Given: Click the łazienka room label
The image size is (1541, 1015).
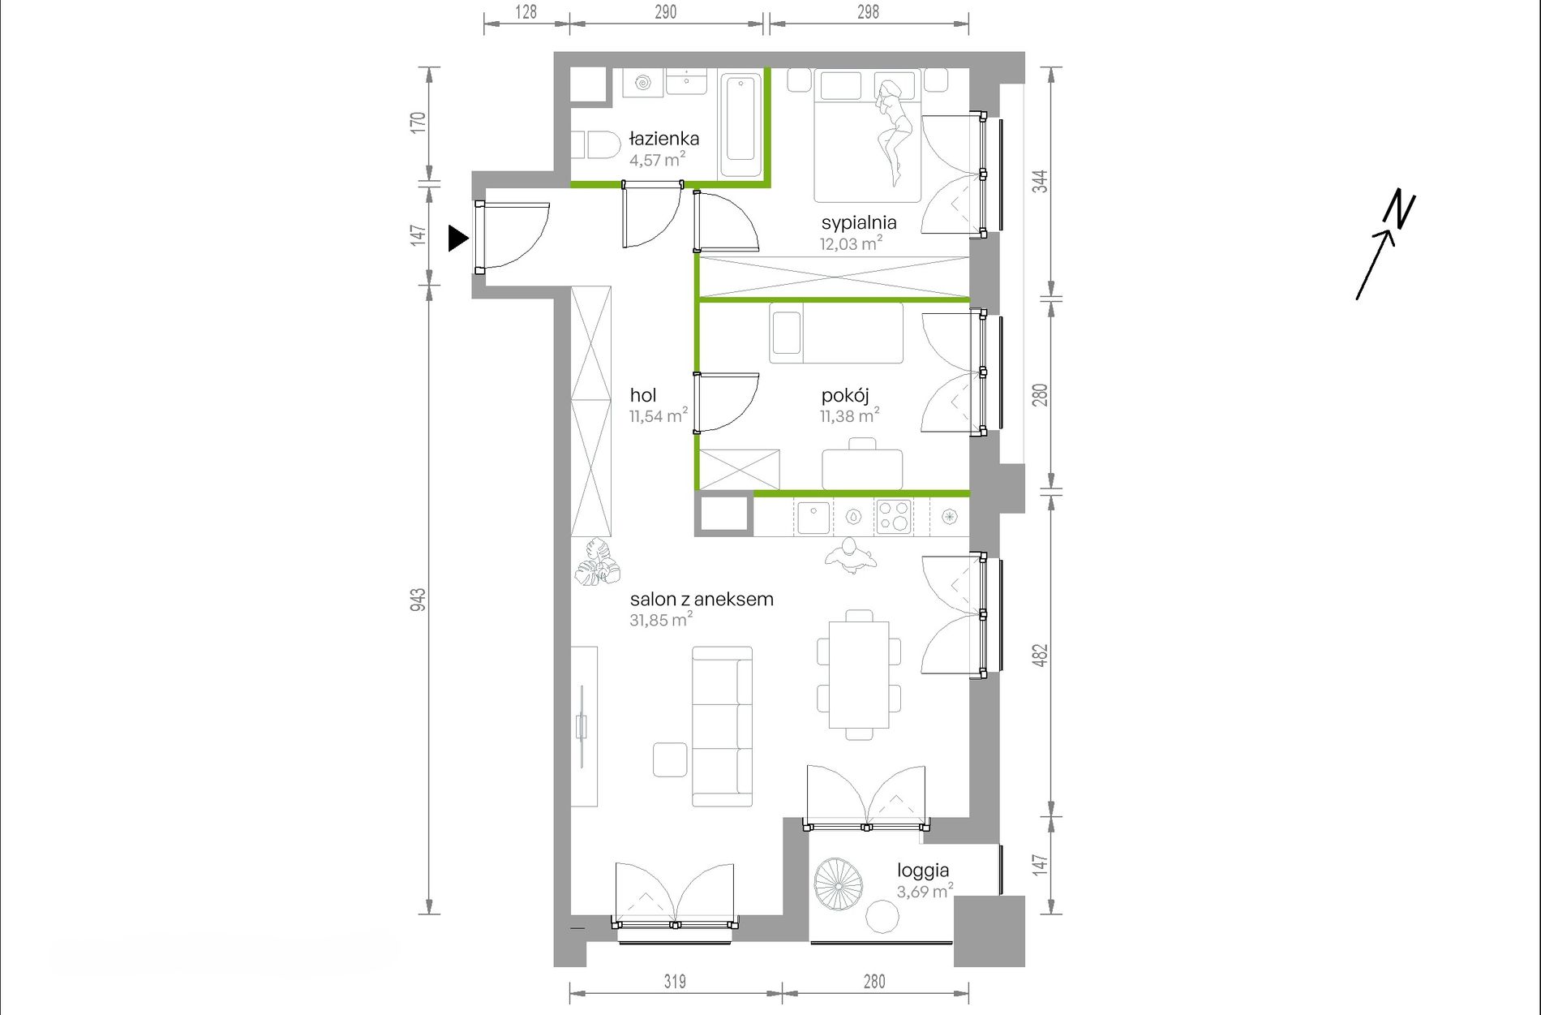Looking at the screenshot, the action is point(664,139).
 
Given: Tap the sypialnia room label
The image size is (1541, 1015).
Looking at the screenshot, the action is point(859,223).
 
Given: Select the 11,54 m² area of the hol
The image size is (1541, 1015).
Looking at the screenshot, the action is point(659,415).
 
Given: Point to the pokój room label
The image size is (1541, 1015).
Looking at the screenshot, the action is point(845,396).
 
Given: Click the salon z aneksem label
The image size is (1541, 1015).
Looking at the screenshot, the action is point(702,600).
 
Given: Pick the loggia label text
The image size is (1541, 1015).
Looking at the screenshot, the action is point(923,871).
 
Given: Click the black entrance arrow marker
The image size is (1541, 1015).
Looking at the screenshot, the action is point(458,239).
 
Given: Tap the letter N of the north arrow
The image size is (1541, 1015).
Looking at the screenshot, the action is point(1399,209).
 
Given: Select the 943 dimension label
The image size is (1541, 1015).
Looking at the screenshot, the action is point(418,600).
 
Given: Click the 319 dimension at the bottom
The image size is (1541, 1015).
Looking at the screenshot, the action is point(675,982).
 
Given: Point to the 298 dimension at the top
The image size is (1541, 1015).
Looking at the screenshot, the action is point(868,12).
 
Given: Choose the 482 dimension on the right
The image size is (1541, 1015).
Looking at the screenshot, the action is point(1040,656).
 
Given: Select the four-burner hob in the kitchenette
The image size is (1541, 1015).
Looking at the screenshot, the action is point(894,516).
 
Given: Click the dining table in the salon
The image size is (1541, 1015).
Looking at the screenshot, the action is point(859,675).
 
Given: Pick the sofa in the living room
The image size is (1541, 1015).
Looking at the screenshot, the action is point(722,726).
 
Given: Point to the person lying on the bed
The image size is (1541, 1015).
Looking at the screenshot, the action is point(894,130).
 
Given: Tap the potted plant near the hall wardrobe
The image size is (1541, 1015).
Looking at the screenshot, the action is point(597,562).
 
